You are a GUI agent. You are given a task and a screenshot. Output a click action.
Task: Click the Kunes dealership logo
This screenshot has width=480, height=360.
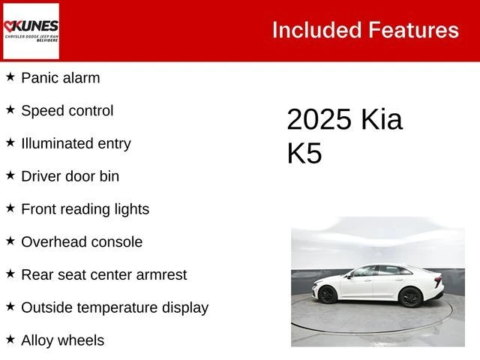31,30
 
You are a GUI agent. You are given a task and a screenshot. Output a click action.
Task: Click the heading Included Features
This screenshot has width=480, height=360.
365,30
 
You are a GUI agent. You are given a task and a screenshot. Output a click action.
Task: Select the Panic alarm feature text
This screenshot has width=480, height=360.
60,77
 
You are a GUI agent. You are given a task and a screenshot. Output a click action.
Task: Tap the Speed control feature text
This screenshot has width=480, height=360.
67,110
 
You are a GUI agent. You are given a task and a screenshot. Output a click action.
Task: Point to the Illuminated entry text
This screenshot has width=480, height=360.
76,143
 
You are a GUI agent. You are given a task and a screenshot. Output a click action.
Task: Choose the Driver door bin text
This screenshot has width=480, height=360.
70,176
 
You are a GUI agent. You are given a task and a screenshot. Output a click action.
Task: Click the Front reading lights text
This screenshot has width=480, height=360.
85,209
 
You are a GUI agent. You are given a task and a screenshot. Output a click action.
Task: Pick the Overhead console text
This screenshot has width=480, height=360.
81,242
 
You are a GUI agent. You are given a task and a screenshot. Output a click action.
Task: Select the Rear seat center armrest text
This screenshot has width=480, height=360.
103,274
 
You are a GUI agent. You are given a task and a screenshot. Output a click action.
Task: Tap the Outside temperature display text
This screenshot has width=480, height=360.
114,307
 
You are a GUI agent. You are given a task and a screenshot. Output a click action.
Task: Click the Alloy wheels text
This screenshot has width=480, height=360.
62,340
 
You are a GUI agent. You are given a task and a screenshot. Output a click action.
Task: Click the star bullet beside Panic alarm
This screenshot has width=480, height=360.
10,76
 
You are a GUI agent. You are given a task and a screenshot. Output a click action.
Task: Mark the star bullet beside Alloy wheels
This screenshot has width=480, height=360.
10,340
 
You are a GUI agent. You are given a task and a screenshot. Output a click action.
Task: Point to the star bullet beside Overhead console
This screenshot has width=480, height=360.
10,241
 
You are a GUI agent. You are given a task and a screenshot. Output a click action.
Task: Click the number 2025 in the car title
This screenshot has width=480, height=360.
319,120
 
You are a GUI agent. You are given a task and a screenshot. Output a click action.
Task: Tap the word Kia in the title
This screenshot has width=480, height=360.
381,120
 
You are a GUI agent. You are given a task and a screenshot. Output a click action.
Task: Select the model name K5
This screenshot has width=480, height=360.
304,153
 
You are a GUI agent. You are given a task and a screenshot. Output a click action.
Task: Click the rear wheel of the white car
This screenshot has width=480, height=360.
327,295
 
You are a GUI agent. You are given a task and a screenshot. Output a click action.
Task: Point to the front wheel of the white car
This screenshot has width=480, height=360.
409,298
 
